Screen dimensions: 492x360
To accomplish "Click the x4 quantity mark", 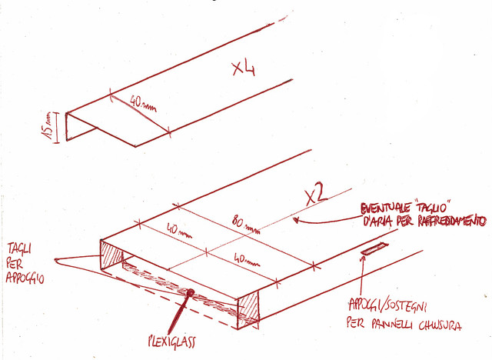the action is tap(244, 68).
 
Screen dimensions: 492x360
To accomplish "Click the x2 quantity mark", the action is tap(317, 196).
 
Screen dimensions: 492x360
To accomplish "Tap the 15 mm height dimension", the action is tap(47, 128).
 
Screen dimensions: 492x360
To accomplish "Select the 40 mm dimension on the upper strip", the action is tap(143, 104).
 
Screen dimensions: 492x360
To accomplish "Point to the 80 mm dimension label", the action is tap(246, 225).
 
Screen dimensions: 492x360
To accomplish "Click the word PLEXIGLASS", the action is tap(172, 341).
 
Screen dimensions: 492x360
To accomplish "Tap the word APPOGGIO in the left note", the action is tap(25, 278).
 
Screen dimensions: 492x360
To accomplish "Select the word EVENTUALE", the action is tap(386, 208).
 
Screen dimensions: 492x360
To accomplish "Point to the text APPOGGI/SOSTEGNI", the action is tap(387, 305).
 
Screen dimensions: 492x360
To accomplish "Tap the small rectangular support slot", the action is tap(374, 248).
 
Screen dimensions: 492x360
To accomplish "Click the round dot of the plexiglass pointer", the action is tap(190, 293).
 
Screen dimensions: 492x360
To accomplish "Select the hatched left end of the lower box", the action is tap(111, 255).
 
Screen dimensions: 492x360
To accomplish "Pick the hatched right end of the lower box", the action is tap(248, 310).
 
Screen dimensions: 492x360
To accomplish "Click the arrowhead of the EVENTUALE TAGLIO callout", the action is tap(295, 220).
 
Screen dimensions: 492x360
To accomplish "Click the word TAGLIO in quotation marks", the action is tap(433, 207).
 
